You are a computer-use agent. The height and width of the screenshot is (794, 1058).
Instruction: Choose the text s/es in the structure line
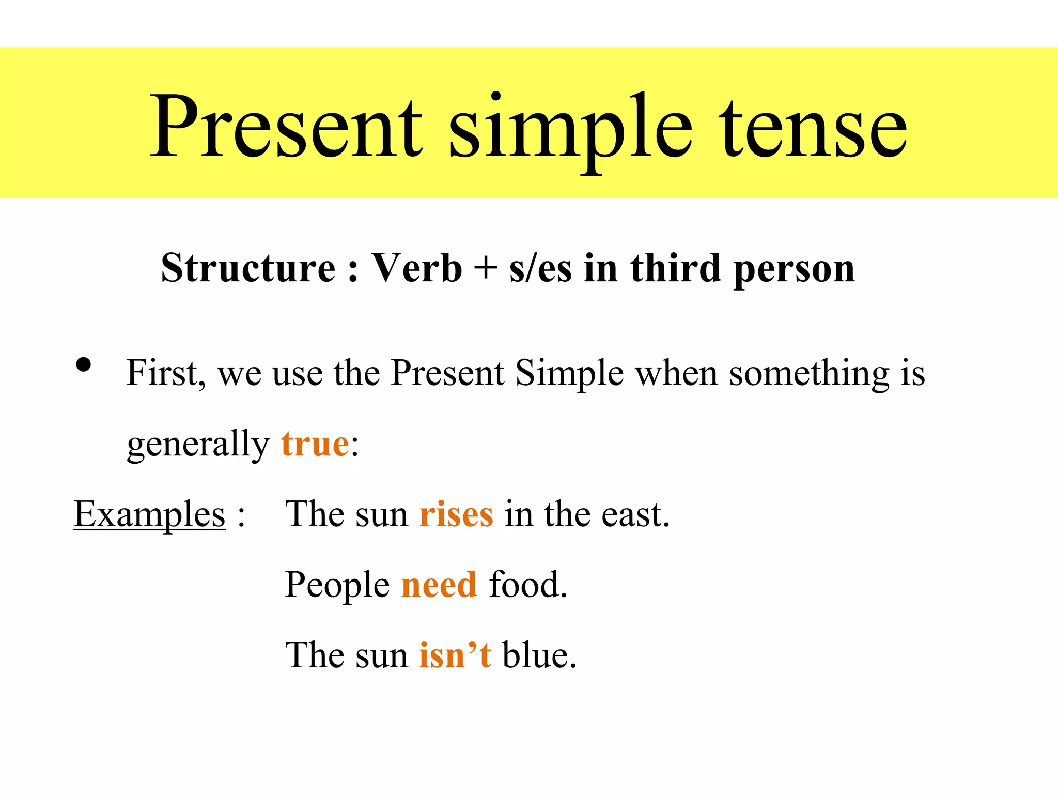tap(540, 269)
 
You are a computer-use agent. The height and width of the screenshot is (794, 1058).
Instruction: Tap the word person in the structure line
tap(794, 270)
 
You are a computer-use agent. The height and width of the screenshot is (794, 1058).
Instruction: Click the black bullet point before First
tap(83, 365)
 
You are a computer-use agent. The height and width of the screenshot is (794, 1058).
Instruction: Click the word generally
tap(198, 445)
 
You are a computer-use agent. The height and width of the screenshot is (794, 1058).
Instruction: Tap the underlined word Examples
tap(149, 514)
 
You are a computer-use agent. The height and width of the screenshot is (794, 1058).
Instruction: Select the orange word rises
tap(456, 515)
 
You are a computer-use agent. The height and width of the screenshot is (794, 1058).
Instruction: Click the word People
tap(337, 586)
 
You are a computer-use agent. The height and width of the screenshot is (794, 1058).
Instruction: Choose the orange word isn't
tap(455, 655)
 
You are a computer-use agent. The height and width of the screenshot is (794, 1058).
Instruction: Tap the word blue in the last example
tap(538, 655)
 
